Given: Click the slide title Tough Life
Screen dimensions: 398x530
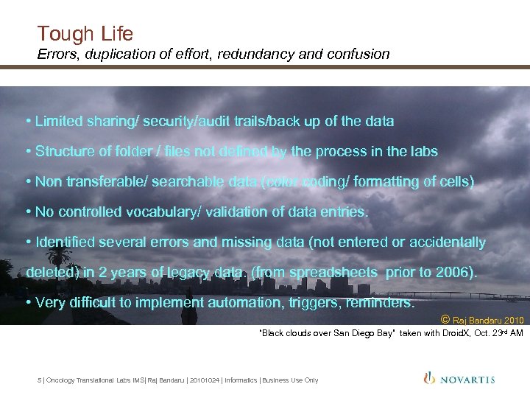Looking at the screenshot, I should pyautogui.click(x=85, y=33).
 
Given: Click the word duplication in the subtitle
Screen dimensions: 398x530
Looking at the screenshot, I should pyautogui.click(x=119, y=54).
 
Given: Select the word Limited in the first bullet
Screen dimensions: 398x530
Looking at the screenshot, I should pyautogui.click(x=59, y=121).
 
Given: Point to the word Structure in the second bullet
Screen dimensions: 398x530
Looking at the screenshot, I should pyautogui.click(x=63, y=151).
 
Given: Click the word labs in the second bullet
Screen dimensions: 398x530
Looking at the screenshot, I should pyautogui.click(x=423, y=151).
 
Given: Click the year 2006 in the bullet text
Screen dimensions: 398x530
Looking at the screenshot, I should pyautogui.click(x=451, y=272).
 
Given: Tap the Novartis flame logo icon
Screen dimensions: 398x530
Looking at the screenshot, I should pyautogui.click(x=429, y=378).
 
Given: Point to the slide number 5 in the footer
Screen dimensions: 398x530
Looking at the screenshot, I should pyautogui.click(x=39, y=380).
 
